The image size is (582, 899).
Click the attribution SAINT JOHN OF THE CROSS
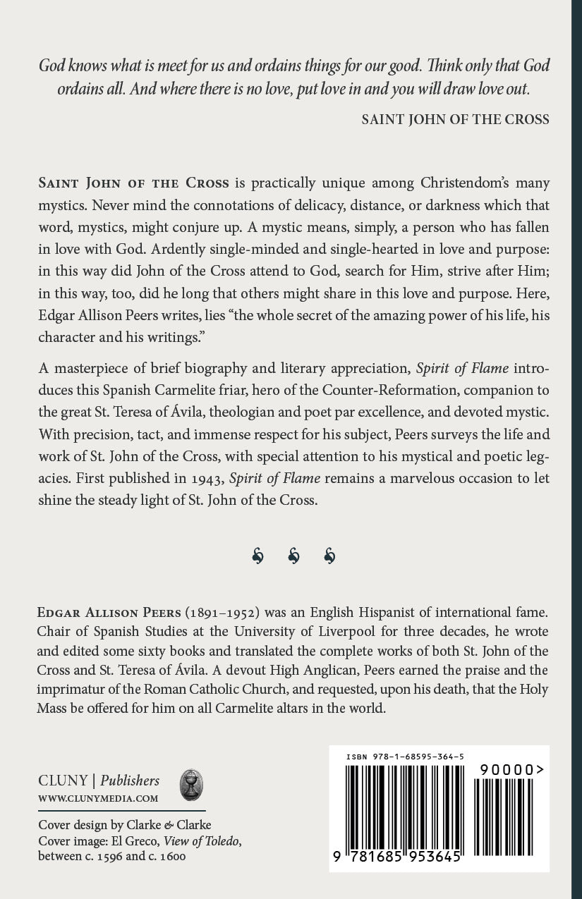[x=455, y=119]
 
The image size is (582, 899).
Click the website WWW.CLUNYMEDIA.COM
[x=98, y=799]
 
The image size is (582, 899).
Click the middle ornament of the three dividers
[x=294, y=556]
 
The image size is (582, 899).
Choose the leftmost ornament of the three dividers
[x=257, y=556]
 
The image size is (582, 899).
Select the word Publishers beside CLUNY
[x=130, y=781]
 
